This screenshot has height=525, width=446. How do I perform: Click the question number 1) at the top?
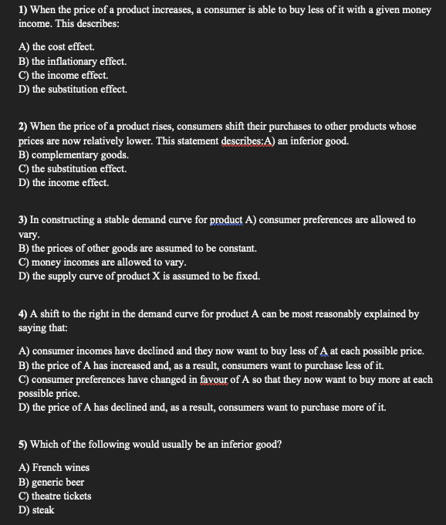coord(24,10)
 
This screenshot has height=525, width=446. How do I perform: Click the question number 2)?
coord(24,126)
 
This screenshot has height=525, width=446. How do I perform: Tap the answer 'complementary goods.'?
coord(73,154)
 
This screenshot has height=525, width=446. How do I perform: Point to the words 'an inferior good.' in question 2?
coord(310,141)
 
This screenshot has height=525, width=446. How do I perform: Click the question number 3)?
coord(24,219)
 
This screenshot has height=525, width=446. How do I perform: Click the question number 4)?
coord(24,314)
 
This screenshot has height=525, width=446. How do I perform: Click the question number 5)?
coord(24,445)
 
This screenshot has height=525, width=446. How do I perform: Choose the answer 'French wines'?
coord(60,467)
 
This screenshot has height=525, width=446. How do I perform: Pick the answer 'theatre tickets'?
coord(61,496)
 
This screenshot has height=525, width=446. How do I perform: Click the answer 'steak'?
coord(42,510)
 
